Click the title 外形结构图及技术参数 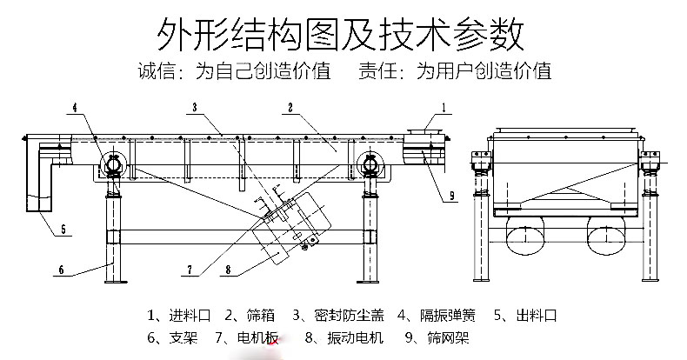click(x=340, y=36)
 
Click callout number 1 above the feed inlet click(x=444, y=108)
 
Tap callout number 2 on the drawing click(x=290, y=108)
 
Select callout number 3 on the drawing click(x=196, y=108)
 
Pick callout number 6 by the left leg click(x=62, y=270)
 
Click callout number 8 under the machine click(x=228, y=270)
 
